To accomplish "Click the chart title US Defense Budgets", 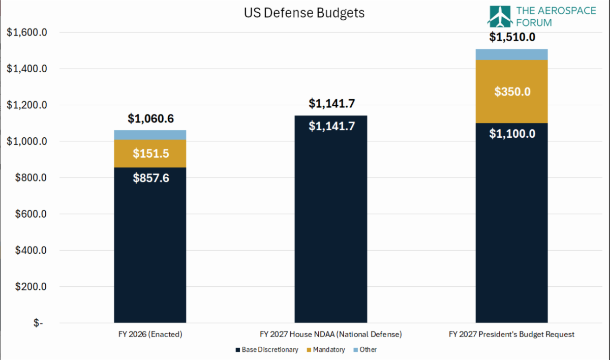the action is coord(304,13).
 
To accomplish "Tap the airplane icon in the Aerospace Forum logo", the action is coord(500,17).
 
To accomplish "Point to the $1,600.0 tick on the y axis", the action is coord(26,33).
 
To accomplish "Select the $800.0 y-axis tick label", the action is coord(31,177).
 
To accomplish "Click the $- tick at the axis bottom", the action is coord(38,323).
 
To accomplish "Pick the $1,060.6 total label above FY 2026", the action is coord(150,118).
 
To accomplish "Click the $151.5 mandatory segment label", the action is coord(151,154).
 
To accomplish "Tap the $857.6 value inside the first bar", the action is coord(151,178).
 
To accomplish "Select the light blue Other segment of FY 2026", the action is coord(150,135).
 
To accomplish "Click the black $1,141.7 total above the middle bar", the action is coord(331,104).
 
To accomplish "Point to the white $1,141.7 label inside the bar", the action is coord(331,126).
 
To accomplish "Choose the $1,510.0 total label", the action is coord(512,37).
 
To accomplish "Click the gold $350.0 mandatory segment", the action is coord(512,92).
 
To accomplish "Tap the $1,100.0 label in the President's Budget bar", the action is coord(512,134).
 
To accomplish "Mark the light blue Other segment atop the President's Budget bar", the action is coord(512,54).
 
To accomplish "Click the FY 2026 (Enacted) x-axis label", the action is coord(150,334).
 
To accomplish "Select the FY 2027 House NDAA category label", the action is coord(330,334).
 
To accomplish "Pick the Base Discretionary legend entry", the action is coord(267,350).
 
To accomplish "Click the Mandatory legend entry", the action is coord(326,350).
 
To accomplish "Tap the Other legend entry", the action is coord(365,350).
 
